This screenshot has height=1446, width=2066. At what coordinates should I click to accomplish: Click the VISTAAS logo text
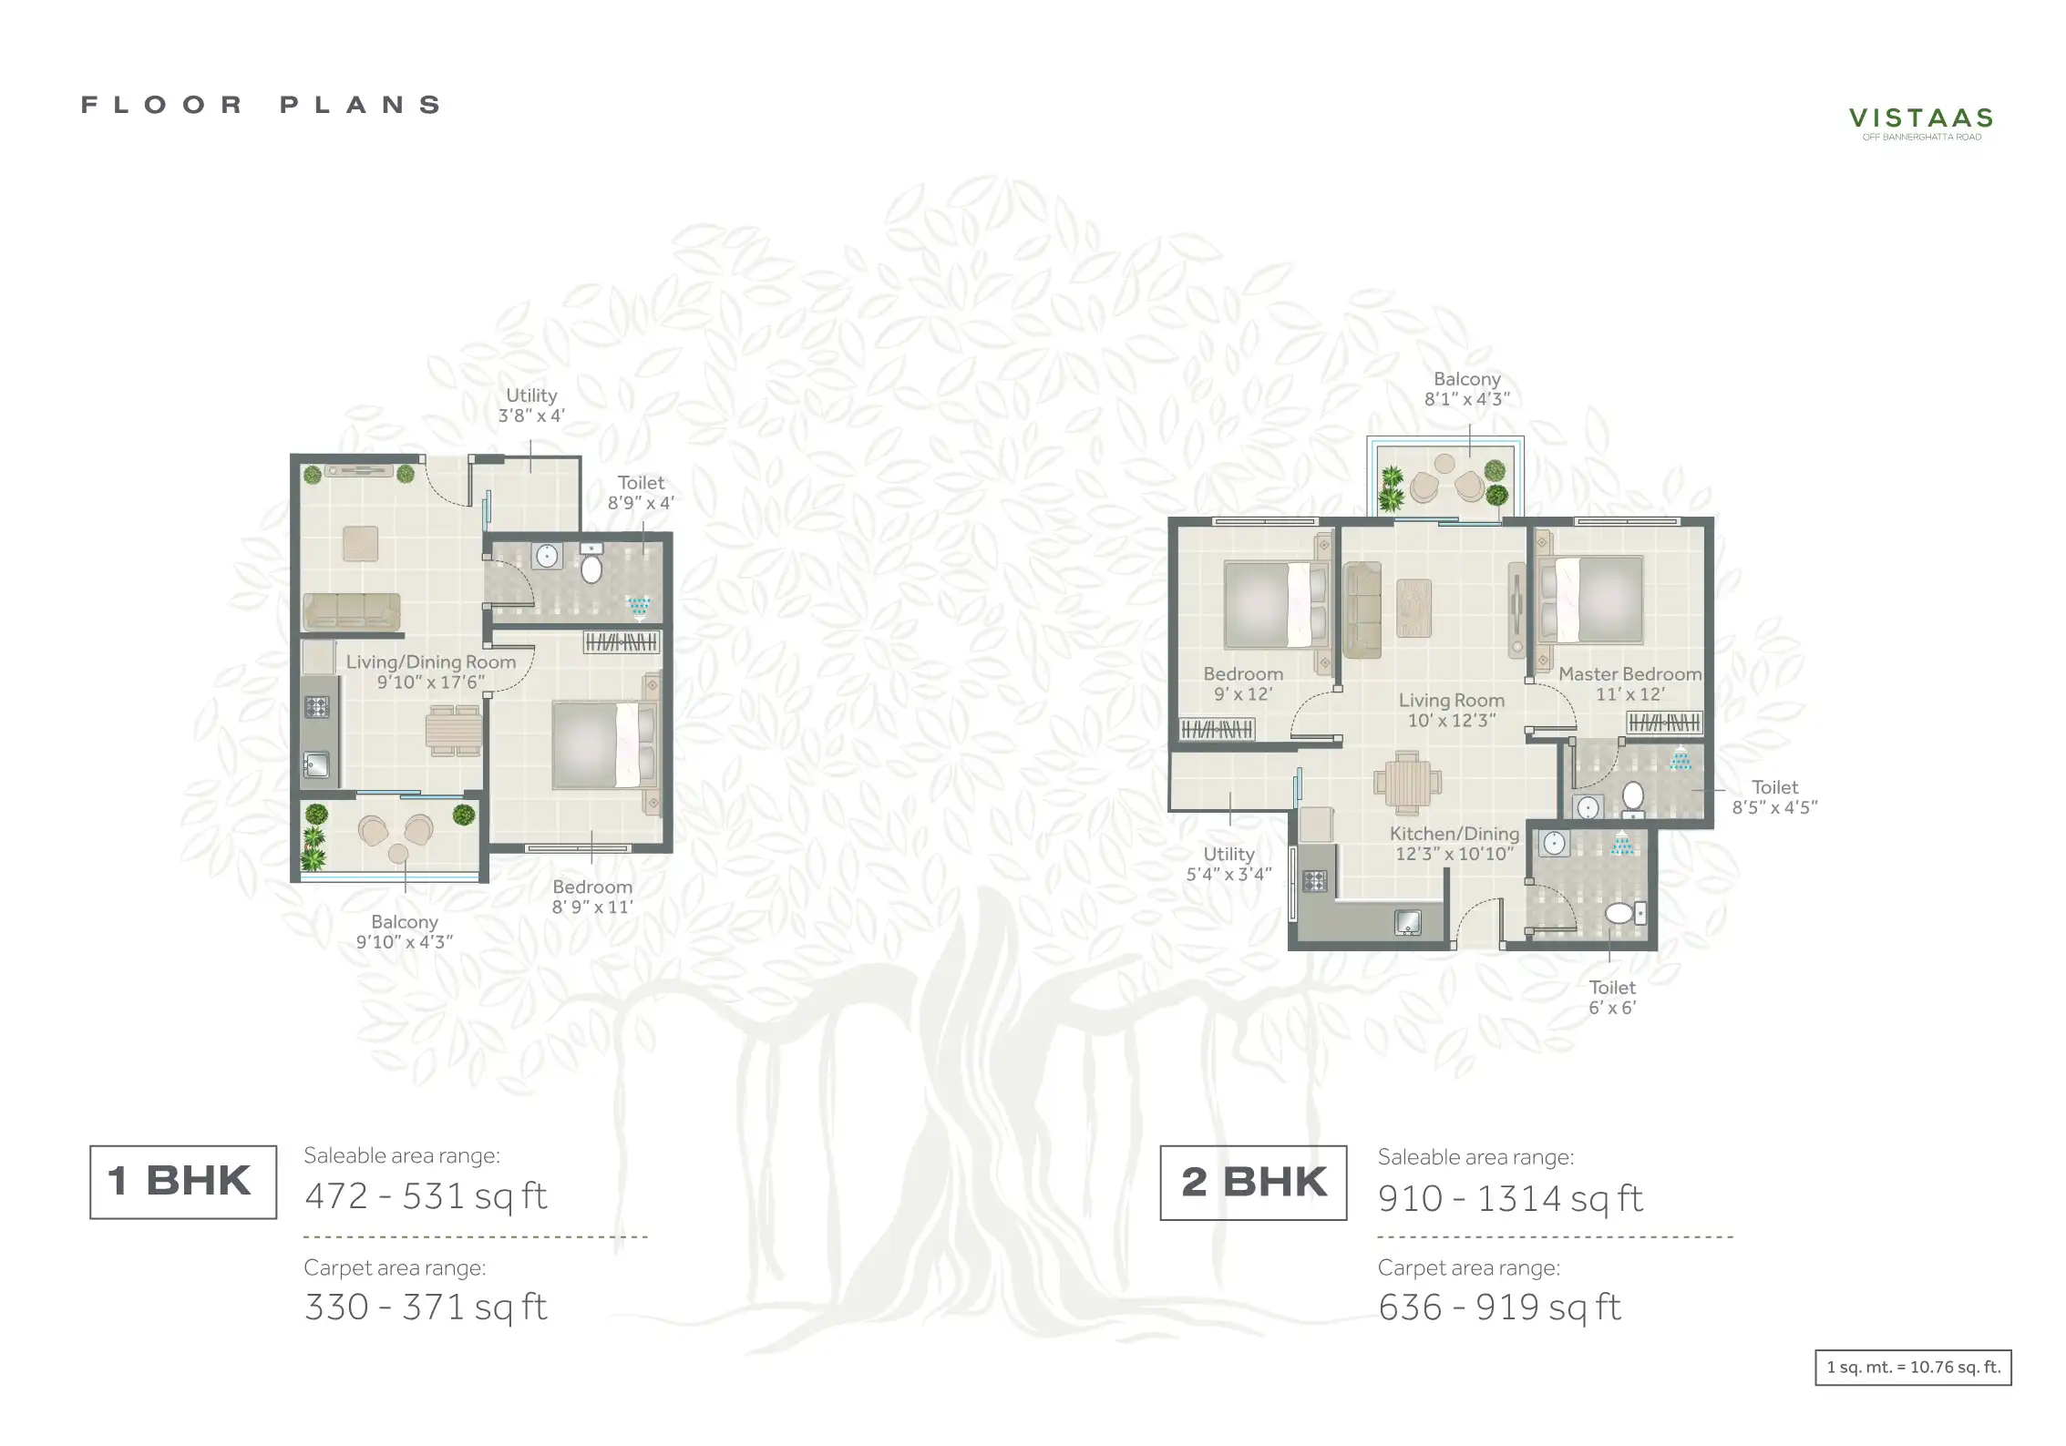coord(1921,118)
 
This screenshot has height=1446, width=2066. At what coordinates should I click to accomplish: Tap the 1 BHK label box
coord(183,1182)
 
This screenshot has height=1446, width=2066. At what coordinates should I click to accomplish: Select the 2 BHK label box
coord(1253,1183)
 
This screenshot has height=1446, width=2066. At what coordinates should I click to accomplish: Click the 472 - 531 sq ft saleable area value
coord(426,1196)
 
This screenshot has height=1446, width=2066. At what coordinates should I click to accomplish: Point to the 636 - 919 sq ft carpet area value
coord(1499,1308)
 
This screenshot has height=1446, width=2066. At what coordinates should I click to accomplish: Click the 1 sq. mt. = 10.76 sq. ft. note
coord(1914,1368)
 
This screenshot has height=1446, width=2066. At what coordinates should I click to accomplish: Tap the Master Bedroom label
coord(1630,674)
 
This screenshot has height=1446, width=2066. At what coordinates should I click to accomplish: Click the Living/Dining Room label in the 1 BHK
coord(431,662)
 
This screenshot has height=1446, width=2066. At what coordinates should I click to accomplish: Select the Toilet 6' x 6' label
coord(1612,998)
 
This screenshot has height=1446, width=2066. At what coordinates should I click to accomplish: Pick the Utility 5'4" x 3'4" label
coord(1228,864)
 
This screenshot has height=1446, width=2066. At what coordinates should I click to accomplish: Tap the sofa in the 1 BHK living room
coord(352,611)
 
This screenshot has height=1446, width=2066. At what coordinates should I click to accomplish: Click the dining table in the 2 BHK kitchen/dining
coord(1408,783)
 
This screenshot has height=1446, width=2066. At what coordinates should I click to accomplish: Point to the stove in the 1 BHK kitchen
coord(316,707)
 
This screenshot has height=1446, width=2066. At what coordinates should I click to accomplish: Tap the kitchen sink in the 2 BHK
coord(1408,923)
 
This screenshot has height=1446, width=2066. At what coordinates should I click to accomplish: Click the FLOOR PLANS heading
coord(262,105)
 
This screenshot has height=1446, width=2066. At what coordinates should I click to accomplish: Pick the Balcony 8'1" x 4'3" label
coord(1467,388)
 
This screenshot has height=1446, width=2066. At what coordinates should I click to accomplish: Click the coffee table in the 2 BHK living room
coord(1413,608)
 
